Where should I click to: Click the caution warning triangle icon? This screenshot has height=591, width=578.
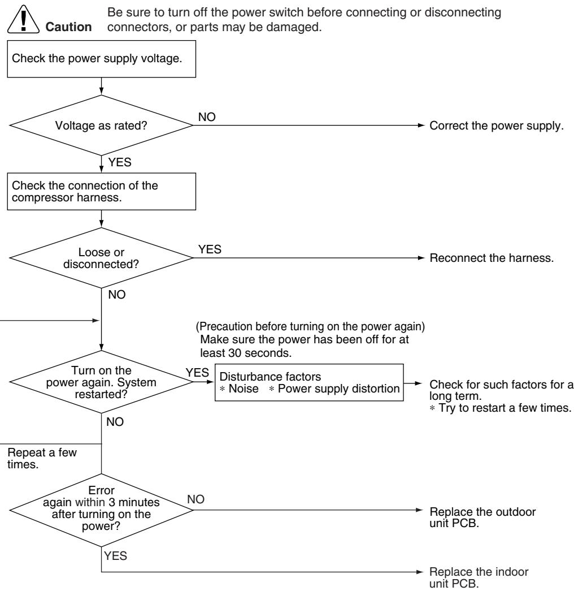click(x=23, y=20)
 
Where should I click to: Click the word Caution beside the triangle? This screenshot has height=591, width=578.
click(x=68, y=27)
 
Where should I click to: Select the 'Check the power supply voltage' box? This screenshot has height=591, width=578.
click(x=101, y=59)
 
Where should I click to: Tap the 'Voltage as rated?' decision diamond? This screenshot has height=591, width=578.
click(x=101, y=125)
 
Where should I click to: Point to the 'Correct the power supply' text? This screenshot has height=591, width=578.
click(x=496, y=126)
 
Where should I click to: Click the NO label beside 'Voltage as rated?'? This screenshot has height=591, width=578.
click(x=207, y=117)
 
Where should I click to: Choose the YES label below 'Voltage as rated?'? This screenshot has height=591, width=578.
click(x=120, y=162)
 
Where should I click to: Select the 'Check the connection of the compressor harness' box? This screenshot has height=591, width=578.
click(x=101, y=192)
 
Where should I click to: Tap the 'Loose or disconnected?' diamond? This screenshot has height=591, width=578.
click(x=101, y=258)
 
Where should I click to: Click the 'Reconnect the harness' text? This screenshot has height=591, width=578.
click(x=492, y=258)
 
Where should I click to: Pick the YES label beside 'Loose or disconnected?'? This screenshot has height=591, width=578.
click(x=210, y=249)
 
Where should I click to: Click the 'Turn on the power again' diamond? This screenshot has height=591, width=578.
click(x=101, y=382)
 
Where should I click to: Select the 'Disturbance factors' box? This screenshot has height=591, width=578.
click(x=309, y=382)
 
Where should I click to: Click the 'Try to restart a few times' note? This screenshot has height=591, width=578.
click(x=501, y=408)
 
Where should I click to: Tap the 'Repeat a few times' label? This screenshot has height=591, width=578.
click(x=42, y=458)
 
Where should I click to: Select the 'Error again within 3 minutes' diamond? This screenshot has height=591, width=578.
click(x=101, y=510)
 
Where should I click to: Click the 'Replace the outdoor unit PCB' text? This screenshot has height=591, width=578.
click(x=483, y=517)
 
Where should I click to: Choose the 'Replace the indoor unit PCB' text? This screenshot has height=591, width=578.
click(x=479, y=577)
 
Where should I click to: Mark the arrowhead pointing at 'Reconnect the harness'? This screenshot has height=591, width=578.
click(x=421, y=258)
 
